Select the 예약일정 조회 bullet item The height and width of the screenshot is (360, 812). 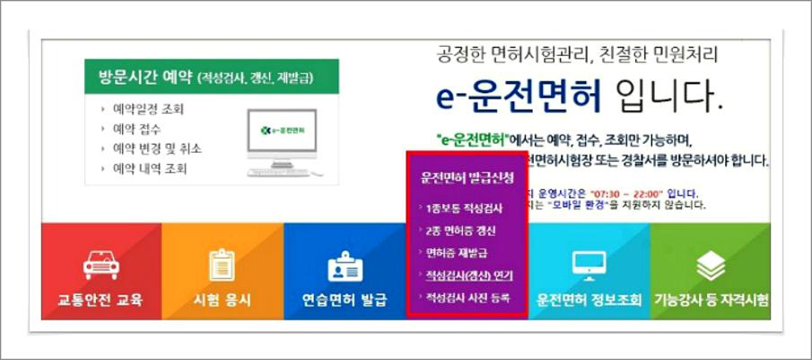(149, 110)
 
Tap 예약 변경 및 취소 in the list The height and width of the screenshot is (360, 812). (157, 148)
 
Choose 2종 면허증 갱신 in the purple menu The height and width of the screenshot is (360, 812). (464, 231)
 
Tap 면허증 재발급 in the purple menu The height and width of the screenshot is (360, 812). (458, 253)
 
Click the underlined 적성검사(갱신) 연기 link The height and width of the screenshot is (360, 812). (468, 276)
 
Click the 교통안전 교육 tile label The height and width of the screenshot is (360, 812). (94, 300)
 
